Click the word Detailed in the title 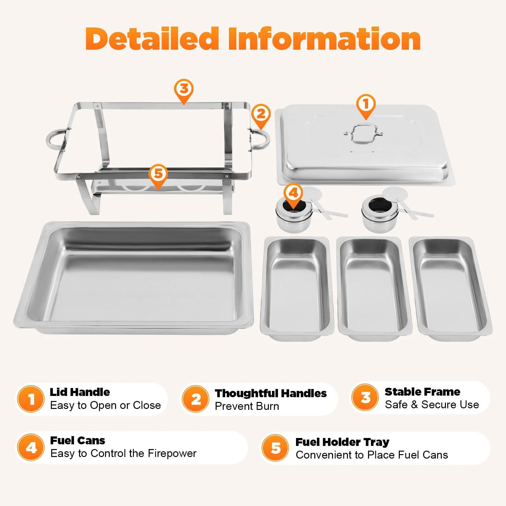point(152,39)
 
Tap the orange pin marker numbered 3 point(184,90)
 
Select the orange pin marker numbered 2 point(261,115)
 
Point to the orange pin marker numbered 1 point(366,105)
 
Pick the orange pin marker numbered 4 point(293,194)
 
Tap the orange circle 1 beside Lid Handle point(31,399)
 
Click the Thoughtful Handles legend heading point(271,393)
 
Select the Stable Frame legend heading point(422,392)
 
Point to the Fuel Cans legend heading point(77,441)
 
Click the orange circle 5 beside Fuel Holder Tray point(275,448)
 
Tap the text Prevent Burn point(247,406)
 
